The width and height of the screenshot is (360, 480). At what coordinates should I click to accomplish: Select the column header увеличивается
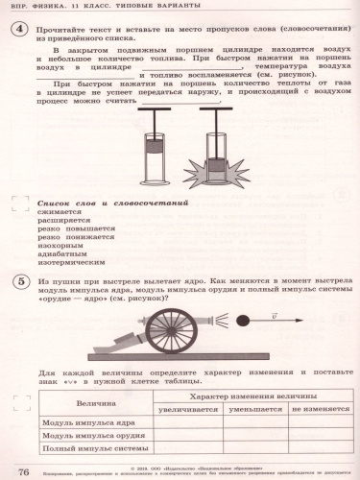point(190,408)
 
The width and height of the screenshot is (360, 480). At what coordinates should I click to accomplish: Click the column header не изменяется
point(319,408)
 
